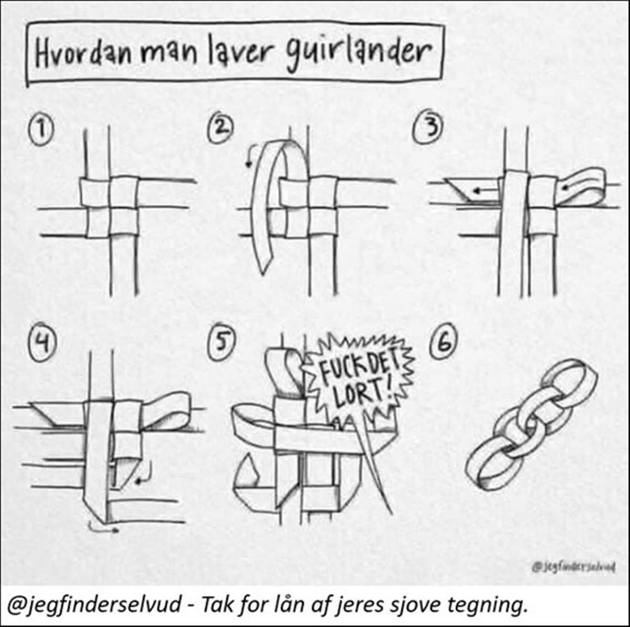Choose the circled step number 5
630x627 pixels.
click(222, 347)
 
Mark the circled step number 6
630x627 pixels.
click(444, 344)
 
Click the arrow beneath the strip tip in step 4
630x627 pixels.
click(103, 528)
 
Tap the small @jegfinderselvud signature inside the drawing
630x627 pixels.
click(573, 567)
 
